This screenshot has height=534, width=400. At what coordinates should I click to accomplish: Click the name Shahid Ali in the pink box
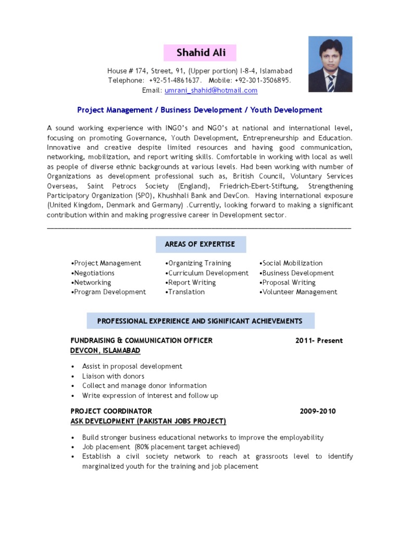(x=200, y=53)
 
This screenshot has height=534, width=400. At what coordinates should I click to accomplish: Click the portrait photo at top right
(x=330, y=64)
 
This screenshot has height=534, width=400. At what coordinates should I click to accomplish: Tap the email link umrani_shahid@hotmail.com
(x=211, y=90)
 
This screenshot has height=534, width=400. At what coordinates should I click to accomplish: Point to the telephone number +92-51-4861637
(x=175, y=80)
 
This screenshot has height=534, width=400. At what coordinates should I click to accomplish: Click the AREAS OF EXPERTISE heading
(x=200, y=244)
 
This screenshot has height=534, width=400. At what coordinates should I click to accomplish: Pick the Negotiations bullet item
(x=94, y=273)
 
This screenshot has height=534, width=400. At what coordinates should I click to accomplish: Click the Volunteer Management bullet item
(x=299, y=292)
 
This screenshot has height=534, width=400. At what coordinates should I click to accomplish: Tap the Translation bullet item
(x=186, y=292)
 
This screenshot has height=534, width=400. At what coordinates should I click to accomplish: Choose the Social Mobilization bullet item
(x=292, y=263)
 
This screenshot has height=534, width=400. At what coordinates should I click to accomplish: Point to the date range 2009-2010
(x=318, y=411)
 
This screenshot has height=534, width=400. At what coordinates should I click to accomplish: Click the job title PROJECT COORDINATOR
(x=111, y=411)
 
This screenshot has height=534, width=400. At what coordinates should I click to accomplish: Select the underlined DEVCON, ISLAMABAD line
(x=105, y=350)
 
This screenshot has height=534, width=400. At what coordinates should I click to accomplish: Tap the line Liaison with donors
(x=113, y=376)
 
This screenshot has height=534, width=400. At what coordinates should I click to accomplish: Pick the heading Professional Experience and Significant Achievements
(x=200, y=321)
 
